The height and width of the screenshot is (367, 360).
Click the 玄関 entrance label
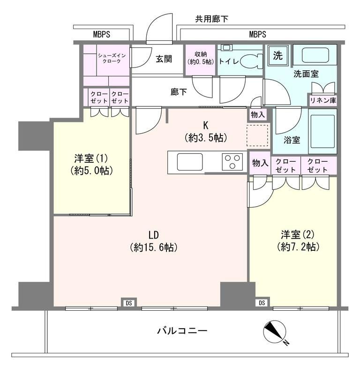[164, 59]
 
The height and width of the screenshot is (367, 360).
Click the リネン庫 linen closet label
[322, 100]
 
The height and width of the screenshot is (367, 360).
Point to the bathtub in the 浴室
[322, 131]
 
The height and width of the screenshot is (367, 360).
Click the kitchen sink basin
[190, 163]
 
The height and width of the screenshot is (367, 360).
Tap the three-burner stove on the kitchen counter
[231, 163]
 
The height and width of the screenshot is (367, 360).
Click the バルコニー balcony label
[181, 331]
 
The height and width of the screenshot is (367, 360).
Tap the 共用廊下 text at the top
[211, 19]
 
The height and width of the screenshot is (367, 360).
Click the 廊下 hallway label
[178, 92]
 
